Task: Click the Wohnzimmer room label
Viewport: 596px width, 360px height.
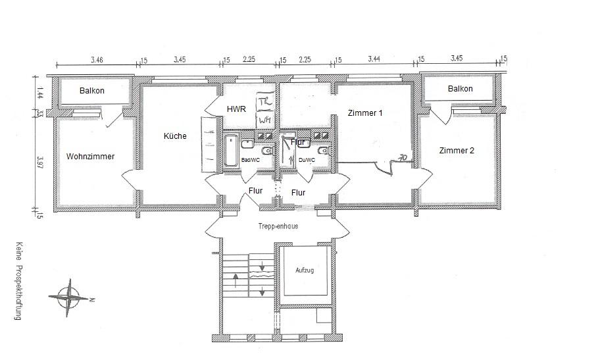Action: coord(90,157)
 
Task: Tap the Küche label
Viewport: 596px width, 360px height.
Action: coord(175,136)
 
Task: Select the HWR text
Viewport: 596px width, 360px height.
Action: coord(236,109)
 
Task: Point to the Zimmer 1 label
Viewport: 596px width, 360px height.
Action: coord(365,113)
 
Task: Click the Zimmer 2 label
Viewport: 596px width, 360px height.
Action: coord(456,150)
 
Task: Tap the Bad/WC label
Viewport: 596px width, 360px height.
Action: coord(251,160)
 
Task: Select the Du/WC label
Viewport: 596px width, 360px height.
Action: coord(307,160)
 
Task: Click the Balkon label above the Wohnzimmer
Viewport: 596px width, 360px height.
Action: coord(92,90)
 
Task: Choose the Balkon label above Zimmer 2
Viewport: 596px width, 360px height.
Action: coord(460,88)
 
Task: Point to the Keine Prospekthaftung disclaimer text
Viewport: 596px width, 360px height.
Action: coord(20,280)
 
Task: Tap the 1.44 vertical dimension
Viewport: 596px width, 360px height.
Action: coord(39,93)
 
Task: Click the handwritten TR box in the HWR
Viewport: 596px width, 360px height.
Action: coord(264,102)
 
